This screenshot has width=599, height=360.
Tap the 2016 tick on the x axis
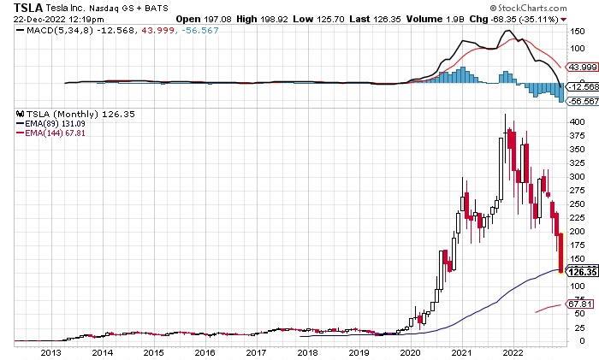pos(205,351)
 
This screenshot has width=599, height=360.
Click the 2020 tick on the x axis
pos(410,351)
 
